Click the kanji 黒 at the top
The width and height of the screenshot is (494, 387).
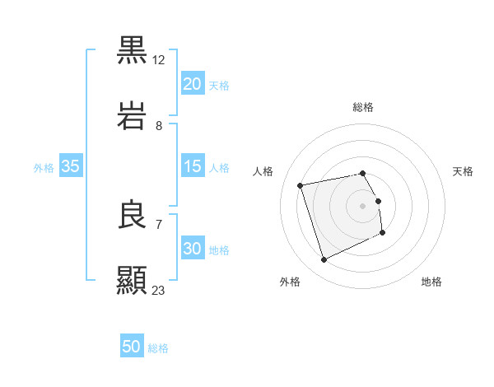(x=133, y=50)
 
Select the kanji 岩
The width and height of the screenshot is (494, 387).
(x=133, y=115)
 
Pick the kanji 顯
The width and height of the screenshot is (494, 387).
(x=133, y=279)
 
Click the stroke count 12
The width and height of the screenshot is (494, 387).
(x=159, y=60)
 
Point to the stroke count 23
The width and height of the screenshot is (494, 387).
(x=159, y=290)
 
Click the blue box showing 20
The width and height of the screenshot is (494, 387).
(x=192, y=84)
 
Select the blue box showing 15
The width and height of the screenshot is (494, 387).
(x=192, y=166)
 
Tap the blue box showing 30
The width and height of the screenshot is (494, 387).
(x=192, y=249)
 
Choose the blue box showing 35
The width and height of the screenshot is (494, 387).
(x=71, y=166)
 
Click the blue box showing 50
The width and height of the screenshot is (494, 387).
(x=132, y=347)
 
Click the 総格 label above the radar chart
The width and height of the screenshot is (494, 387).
(x=363, y=107)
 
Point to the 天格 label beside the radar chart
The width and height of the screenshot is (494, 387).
(x=464, y=171)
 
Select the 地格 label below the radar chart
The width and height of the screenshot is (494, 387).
(x=431, y=282)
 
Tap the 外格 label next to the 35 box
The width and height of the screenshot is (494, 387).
(x=44, y=167)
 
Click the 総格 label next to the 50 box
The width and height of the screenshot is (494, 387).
(x=159, y=348)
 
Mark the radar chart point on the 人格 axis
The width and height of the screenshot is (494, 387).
(x=301, y=184)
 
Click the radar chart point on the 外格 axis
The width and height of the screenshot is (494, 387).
(x=324, y=260)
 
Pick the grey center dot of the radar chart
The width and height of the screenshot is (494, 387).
(x=363, y=206)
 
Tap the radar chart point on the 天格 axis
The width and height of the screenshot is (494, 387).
(x=379, y=201)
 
